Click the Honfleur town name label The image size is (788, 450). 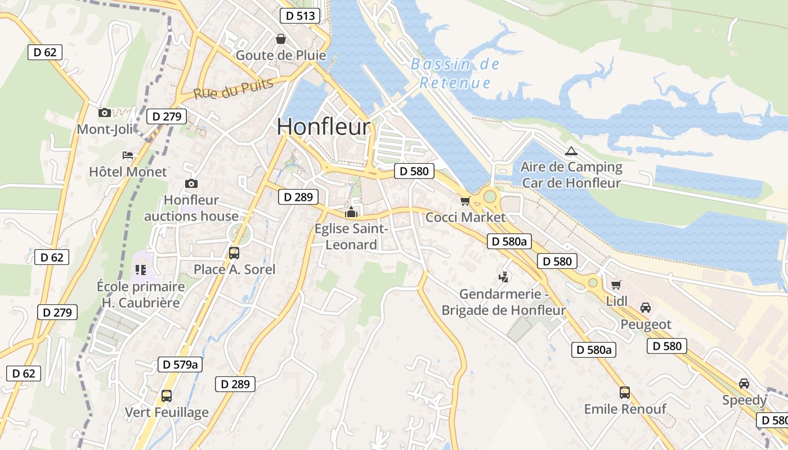(324, 127)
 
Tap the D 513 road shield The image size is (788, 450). (300, 16)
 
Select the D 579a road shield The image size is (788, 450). (180, 364)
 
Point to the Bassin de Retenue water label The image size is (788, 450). (455, 74)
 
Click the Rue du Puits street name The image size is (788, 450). (234, 89)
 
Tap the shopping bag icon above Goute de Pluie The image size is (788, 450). (280, 39)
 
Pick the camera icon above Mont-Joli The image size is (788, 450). (105, 112)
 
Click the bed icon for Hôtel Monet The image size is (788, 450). (128, 155)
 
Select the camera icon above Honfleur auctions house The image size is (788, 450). (191, 183)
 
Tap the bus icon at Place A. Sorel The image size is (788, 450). (234, 253)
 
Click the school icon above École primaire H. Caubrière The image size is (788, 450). (141, 270)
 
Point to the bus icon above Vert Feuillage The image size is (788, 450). (167, 395)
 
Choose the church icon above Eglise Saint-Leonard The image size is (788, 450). (351, 212)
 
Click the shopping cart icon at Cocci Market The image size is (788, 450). (465, 201)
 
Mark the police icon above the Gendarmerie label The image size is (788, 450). (504, 277)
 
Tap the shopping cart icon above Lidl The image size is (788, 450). (616, 285)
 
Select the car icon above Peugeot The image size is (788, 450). (646, 308)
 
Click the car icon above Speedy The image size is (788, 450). (744, 383)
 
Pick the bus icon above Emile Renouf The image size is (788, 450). (625, 392)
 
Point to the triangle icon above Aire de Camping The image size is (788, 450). (571, 151)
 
